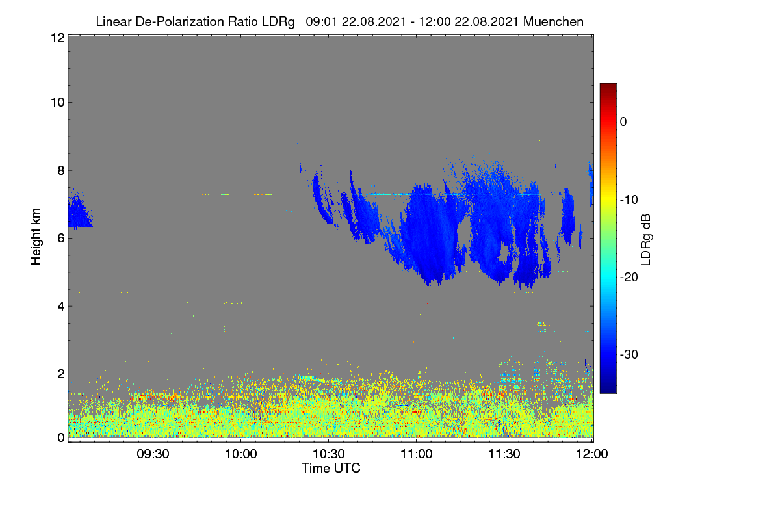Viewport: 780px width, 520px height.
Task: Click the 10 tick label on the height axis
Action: pyautogui.click(x=58, y=103)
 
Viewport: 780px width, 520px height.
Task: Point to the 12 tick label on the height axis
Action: pyautogui.click(x=58, y=38)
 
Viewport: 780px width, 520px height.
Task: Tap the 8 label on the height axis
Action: pyautogui.click(x=61, y=171)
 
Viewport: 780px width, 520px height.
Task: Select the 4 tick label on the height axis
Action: pyautogui.click(x=61, y=307)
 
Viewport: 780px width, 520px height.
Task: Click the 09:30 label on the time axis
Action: pyautogui.click(x=153, y=454)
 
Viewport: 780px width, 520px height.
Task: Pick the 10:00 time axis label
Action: pyautogui.click(x=241, y=454)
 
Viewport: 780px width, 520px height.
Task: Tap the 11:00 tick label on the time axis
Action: pyautogui.click(x=417, y=454)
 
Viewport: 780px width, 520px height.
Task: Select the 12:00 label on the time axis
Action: pyautogui.click(x=592, y=454)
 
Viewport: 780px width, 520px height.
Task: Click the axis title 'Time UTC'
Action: pyautogui.click(x=331, y=468)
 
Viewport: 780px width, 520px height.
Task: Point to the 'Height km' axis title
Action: pyautogui.click(x=36, y=237)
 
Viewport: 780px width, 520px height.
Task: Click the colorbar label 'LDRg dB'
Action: pyautogui.click(x=646, y=240)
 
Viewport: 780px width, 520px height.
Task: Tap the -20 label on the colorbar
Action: pyautogui.click(x=629, y=278)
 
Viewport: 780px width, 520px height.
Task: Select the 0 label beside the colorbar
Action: pyautogui.click(x=623, y=122)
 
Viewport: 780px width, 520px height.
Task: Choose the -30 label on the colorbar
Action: pyautogui.click(x=629, y=354)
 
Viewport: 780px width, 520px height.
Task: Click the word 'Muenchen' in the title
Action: pyautogui.click(x=553, y=21)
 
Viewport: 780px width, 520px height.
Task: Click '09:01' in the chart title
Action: pyautogui.click(x=322, y=21)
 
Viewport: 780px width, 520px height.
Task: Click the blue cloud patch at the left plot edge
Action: pyautogui.click(x=79, y=211)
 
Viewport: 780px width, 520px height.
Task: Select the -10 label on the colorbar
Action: pyautogui.click(x=629, y=200)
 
